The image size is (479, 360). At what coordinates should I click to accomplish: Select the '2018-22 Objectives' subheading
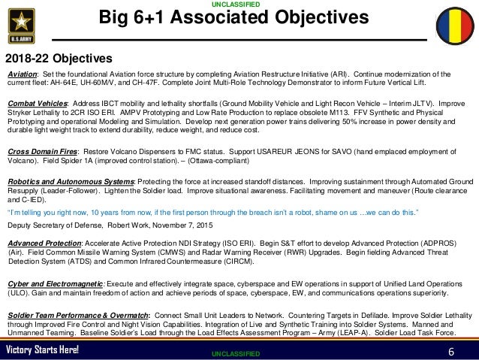point(59,58)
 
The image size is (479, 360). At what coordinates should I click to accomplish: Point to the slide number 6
point(451,351)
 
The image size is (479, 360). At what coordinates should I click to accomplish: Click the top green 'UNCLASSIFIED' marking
point(239,5)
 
